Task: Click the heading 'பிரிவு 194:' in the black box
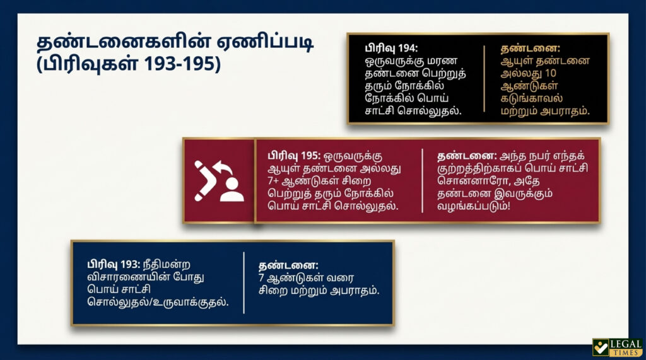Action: (391, 48)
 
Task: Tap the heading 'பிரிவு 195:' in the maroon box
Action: (294, 156)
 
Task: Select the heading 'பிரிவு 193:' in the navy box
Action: (114, 264)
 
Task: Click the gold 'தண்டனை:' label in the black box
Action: (530, 48)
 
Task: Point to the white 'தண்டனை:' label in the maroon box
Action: (467, 156)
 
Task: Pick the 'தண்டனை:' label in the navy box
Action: (288, 265)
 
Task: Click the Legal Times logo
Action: (618, 347)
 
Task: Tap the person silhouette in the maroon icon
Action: (232, 190)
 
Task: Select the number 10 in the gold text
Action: (550, 73)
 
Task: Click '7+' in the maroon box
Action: (273, 181)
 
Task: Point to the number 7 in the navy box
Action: (261, 278)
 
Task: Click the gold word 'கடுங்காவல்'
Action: (531, 98)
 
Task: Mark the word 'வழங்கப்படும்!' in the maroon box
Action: (473, 206)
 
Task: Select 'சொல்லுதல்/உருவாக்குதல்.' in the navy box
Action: (158, 302)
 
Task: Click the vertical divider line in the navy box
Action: (244, 283)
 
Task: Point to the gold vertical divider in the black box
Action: (484, 79)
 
